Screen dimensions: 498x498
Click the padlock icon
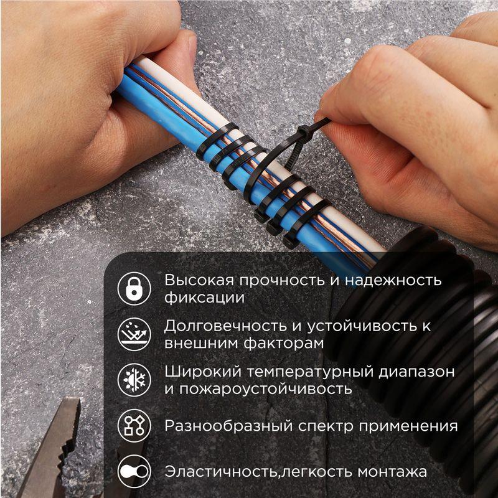pyautogui.click(x=134, y=288)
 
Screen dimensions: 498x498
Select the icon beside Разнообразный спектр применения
pyautogui.click(x=134, y=426)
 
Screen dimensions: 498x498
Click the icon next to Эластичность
pyautogui.click(x=134, y=472)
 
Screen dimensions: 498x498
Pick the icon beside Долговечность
pyautogui.click(x=134, y=334)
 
